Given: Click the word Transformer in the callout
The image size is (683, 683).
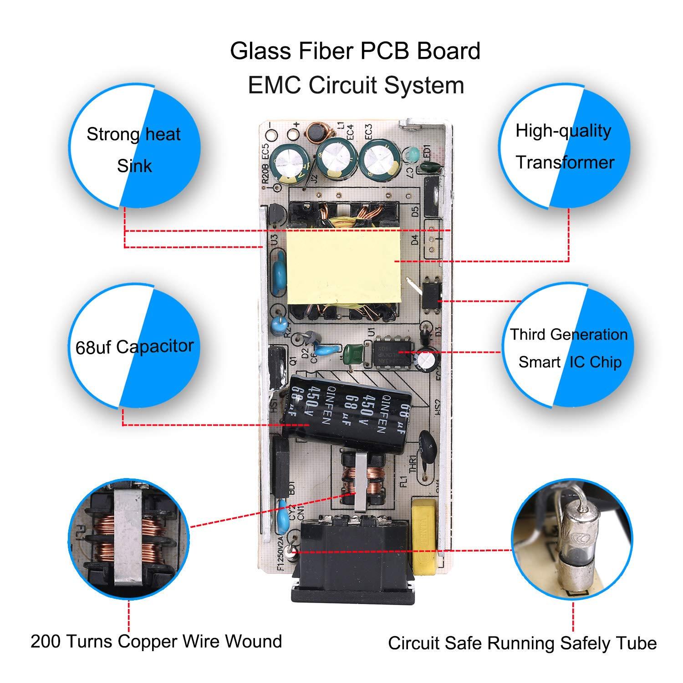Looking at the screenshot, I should point(565,163).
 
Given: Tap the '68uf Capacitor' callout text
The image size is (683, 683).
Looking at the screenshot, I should point(134,347).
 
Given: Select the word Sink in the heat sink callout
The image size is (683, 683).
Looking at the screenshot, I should point(134,166).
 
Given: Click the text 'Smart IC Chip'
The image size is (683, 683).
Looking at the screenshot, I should point(570,362).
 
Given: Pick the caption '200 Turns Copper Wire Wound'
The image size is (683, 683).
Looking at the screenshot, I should point(156,642).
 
